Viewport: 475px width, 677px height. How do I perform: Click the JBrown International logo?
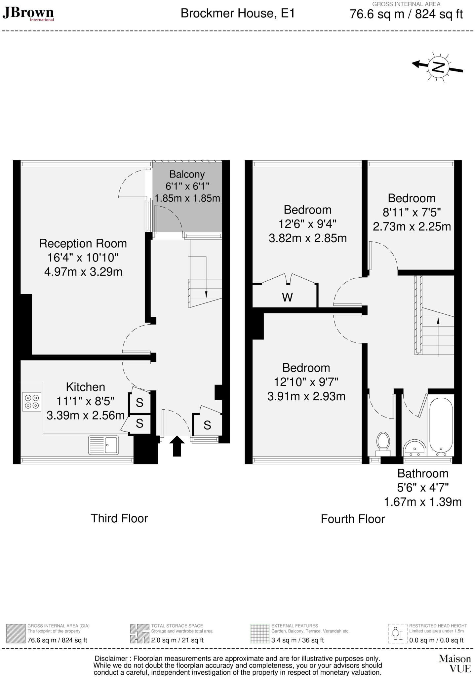[x=28, y=14]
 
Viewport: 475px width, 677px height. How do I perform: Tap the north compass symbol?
[x=438, y=67]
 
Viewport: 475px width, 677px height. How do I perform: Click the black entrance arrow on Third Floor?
[x=177, y=446]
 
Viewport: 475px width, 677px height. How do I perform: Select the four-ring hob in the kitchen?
[x=32, y=402]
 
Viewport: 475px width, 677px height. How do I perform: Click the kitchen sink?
[x=103, y=445]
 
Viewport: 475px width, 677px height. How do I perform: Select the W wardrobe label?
[x=287, y=298]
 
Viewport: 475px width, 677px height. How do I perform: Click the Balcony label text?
[x=187, y=174]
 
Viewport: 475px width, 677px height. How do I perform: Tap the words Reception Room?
[x=83, y=244]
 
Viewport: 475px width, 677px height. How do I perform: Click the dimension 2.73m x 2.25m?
[x=412, y=227]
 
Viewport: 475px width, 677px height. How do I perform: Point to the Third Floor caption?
[x=119, y=518]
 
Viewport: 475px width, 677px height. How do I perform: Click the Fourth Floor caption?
[x=353, y=519]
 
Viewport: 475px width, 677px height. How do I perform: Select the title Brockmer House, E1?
[x=237, y=14]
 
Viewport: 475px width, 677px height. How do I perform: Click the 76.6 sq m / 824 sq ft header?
[x=406, y=15]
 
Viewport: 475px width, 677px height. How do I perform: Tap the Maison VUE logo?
[x=455, y=664]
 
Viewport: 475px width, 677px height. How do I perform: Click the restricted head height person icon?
[x=397, y=634]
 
